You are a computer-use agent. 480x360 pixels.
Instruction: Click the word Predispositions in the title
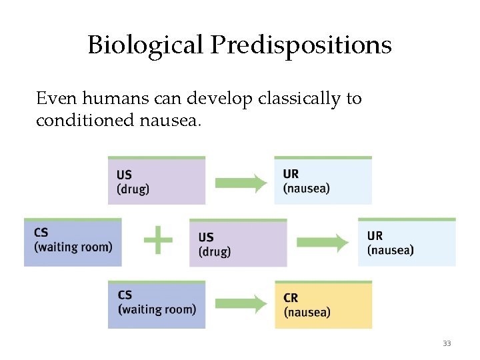(301, 45)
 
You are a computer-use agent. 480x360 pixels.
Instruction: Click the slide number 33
(447, 343)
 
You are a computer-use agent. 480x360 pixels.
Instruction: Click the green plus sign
(158, 239)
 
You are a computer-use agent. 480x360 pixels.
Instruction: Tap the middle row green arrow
(323, 242)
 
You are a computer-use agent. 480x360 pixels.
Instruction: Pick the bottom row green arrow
(241, 305)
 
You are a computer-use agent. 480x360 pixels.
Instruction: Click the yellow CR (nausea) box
(323, 305)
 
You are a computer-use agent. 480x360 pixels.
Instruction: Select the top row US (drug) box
(157, 181)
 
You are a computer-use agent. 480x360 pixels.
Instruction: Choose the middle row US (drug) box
(238, 243)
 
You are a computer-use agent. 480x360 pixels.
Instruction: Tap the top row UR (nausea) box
(323, 181)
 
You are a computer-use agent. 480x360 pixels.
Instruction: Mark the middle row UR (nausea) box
(407, 242)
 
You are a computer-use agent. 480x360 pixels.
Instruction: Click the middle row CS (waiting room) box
(73, 242)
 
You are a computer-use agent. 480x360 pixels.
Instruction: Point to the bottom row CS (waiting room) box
(157, 305)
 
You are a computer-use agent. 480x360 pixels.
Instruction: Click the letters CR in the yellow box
(291, 298)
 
